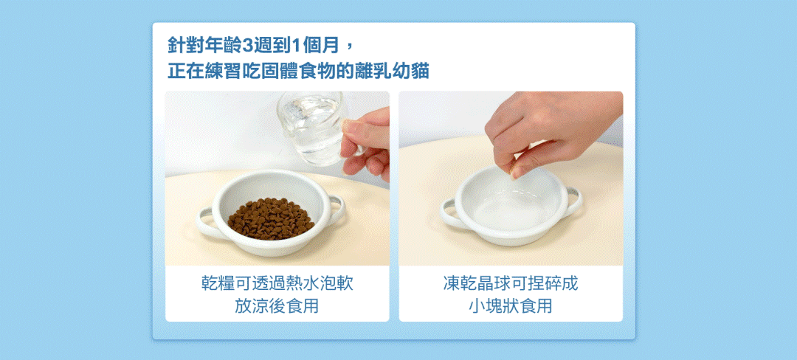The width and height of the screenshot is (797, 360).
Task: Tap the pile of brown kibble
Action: (271, 219)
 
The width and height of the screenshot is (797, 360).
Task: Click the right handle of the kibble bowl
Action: (336, 210)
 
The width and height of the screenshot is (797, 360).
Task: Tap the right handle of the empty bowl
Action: (573, 201)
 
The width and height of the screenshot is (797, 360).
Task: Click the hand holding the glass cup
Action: (366, 144)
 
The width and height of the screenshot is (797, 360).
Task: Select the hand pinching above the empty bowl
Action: (549, 130)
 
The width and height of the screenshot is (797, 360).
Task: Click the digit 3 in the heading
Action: (247, 46)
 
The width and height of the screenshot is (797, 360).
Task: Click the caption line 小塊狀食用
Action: (511, 306)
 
